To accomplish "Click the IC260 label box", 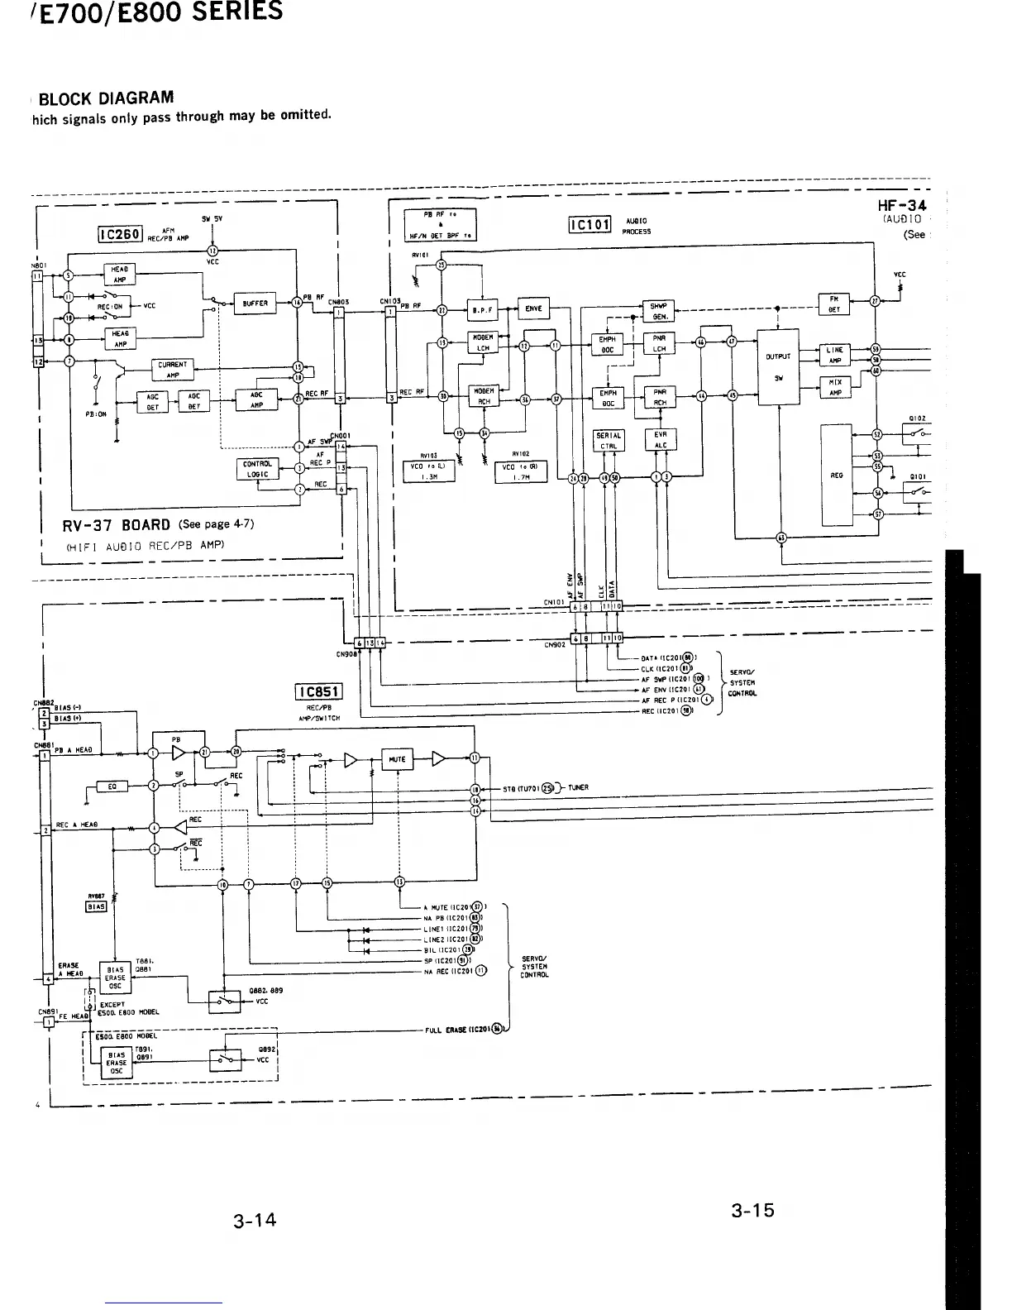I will pos(122,235).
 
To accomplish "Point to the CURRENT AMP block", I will pos(173,370).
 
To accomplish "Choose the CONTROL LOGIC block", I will pos(258,469).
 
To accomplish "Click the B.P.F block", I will pos(481,310).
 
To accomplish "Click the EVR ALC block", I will pos(661,439).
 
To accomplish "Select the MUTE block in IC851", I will pos(398,758).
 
